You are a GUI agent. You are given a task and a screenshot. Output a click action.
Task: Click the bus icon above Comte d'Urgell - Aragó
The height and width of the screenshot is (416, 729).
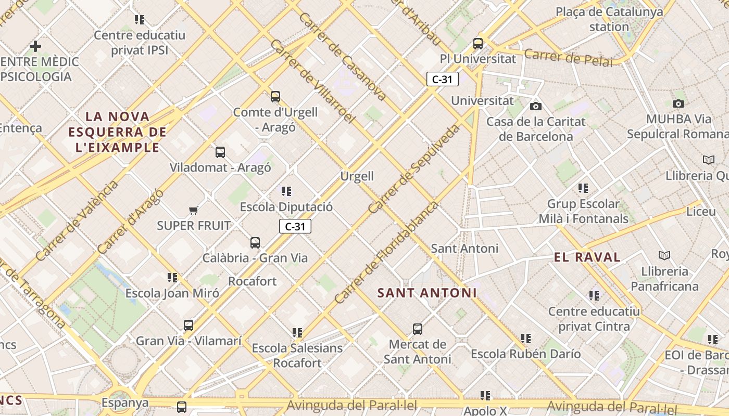(275, 96)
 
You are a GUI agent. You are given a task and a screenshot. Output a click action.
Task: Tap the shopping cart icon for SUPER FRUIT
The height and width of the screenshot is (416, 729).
(194, 210)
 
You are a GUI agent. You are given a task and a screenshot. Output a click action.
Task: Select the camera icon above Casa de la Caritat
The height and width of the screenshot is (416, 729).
(535, 106)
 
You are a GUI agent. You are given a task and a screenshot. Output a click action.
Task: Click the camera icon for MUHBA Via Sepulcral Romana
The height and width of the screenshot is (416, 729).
(678, 103)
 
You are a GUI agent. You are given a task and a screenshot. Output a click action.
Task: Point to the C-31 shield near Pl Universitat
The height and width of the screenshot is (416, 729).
(442, 79)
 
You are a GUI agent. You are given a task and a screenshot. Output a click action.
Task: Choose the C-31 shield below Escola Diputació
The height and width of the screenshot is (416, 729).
(295, 226)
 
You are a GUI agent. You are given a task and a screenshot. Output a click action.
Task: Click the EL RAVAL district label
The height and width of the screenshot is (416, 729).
(587, 257)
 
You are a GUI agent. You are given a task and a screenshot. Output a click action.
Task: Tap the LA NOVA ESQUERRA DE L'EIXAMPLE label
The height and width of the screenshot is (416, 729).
(118, 132)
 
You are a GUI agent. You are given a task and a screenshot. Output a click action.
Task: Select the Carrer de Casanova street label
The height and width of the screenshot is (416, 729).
(342, 56)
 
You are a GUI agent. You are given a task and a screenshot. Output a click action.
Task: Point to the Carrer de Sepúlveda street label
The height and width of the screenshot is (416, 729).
(414, 168)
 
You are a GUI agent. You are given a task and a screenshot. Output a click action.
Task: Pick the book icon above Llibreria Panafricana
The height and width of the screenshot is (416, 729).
(664, 255)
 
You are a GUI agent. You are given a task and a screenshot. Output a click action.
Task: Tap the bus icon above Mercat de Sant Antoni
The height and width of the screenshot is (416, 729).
(418, 329)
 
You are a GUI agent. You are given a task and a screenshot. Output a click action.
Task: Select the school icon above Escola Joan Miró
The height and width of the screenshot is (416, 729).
(172, 278)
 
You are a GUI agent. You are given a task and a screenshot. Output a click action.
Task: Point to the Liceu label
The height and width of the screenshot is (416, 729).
(701, 212)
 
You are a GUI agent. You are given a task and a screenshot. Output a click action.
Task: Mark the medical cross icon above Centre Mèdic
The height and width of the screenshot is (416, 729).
(35, 46)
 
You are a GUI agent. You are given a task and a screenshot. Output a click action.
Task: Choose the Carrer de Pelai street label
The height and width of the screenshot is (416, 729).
(568, 57)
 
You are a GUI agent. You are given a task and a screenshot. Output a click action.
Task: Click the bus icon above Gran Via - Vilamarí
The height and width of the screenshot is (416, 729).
(188, 326)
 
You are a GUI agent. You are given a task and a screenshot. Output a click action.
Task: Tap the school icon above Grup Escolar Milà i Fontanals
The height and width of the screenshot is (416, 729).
(583, 188)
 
